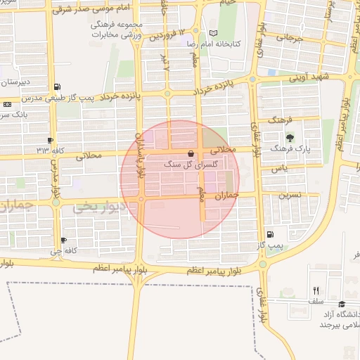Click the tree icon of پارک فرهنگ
point(290,137)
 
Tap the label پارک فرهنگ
point(290,149)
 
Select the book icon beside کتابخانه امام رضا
point(213,33)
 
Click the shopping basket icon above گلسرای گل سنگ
point(191,153)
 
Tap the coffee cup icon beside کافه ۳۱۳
point(50,140)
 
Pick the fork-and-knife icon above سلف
point(316,290)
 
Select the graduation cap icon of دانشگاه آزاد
point(342,304)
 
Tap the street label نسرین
point(291,195)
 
